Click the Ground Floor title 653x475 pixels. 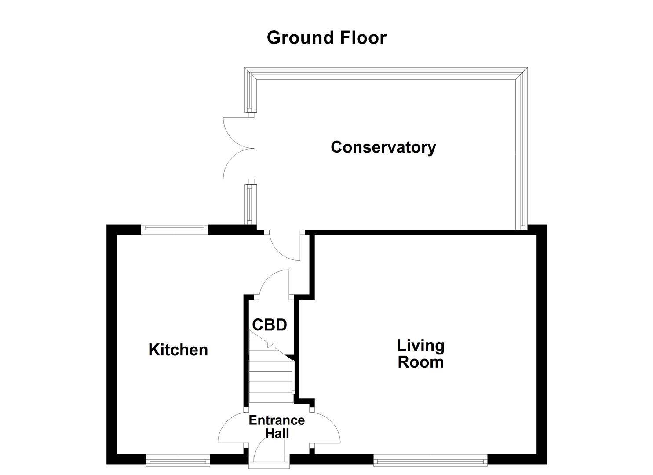(326, 38)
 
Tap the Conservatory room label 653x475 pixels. (383, 147)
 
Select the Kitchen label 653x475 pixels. (178, 350)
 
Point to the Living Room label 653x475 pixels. (420, 354)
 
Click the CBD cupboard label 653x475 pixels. (269, 325)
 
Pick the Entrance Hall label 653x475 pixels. (277, 427)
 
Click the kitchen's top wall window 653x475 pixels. (174, 227)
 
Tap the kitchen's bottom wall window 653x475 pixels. (178, 461)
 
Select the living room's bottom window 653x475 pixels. (430, 461)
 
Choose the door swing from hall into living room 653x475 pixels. (326, 429)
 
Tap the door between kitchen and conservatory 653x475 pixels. (284, 246)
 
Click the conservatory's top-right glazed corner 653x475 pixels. (521, 73)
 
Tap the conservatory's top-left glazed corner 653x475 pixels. (251, 73)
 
